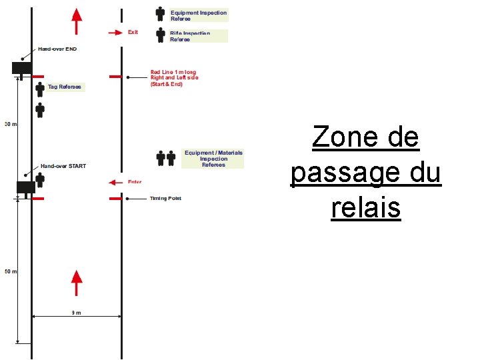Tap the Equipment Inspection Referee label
point(199,15)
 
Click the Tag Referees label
point(65,87)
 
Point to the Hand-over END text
point(57,49)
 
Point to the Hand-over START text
point(63,166)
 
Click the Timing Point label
point(165,198)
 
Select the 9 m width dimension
point(77,312)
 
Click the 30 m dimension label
point(11,124)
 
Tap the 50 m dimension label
point(11,271)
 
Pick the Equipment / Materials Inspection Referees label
point(213,159)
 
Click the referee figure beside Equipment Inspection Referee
point(160,15)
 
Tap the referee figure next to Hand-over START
point(40,180)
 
